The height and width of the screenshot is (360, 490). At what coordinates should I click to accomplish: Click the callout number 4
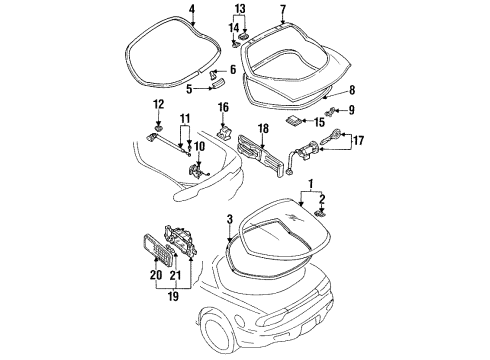click(x=192, y=9)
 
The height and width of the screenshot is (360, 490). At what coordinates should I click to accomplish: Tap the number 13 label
click(x=239, y=9)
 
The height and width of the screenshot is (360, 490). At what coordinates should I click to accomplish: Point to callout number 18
click(x=263, y=128)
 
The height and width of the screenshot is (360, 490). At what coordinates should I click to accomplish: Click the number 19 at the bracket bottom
click(x=173, y=296)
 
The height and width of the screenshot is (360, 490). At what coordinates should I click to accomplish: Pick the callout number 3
click(x=229, y=220)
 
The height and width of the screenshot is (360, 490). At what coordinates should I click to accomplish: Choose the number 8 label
click(x=352, y=90)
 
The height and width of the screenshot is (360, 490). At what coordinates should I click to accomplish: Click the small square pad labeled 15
click(x=293, y=120)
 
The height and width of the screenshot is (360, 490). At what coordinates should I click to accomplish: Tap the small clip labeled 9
click(x=330, y=112)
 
